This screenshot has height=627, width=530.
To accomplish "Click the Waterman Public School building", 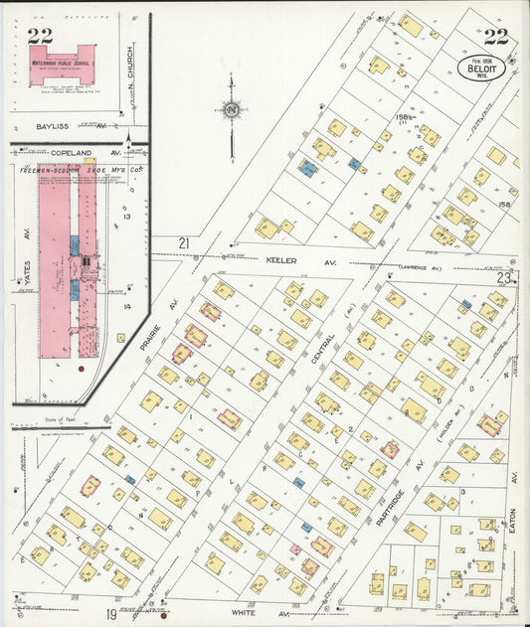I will click(68, 60).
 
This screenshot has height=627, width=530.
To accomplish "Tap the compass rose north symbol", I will click(231, 109).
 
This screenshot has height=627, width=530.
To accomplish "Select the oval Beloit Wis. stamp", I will click(482, 68).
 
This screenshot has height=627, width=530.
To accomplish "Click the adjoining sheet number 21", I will click(183, 243).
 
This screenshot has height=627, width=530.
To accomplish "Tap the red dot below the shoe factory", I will click(81, 369).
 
